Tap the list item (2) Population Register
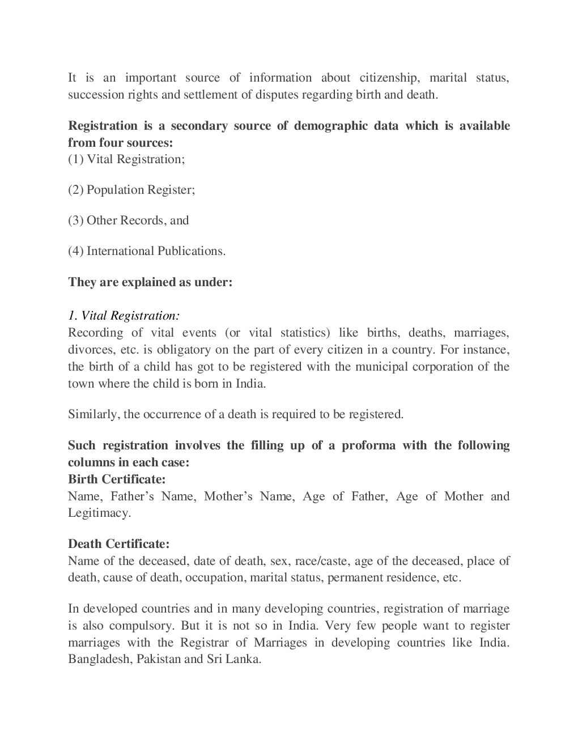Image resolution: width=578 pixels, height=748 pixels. point(131,190)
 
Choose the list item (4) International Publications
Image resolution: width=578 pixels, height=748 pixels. point(147,251)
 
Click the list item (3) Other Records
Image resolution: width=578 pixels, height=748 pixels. point(128,220)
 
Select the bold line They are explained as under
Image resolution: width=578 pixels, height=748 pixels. point(150,282)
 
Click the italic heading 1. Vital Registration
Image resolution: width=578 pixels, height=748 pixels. point(124,316)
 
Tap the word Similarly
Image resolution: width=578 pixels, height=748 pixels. point(92,414)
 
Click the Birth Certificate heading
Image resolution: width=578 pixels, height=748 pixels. point(117,479)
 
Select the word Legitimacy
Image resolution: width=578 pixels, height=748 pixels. point(99,513)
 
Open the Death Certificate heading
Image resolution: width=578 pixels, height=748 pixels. point(118,544)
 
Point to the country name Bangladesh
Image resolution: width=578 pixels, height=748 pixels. point(99,660)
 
